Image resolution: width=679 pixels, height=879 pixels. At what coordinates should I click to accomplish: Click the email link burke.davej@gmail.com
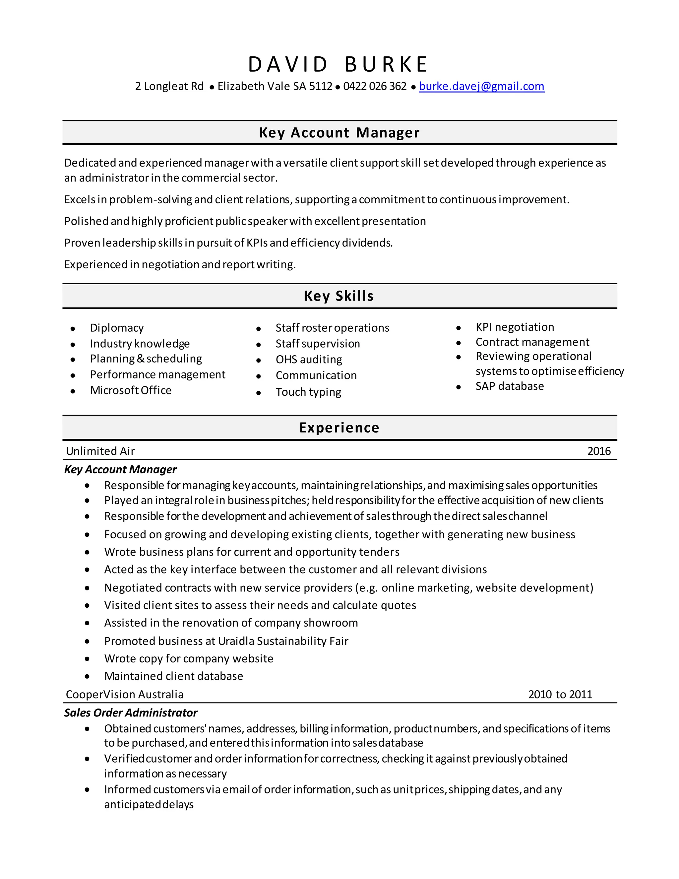point(481,86)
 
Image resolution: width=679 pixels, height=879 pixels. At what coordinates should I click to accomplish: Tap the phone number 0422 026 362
point(375,86)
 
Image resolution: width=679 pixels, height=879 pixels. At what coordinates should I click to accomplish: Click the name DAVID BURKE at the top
point(338,64)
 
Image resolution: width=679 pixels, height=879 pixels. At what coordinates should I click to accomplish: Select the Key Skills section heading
point(339,296)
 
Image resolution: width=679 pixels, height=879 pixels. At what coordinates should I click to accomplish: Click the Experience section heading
point(339,428)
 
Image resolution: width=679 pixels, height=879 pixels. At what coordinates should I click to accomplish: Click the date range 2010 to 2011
point(560,694)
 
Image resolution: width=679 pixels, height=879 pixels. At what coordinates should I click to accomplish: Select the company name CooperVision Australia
point(125,694)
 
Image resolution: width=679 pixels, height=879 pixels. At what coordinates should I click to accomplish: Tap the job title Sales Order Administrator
point(131,713)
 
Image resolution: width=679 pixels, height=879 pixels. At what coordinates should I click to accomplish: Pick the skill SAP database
point(509,386)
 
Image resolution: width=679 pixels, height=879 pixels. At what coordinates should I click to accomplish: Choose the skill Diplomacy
point(117,328)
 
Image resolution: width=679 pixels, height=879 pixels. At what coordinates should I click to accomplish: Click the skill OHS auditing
point(309,360)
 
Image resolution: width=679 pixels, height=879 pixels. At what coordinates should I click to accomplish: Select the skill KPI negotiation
point(515,327)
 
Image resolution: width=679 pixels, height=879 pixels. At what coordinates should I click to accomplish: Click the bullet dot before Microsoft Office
point(73,391)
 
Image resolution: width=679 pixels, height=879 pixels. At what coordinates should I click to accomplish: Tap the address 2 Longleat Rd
point(169,86)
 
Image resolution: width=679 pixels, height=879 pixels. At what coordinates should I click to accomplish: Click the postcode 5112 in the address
point(321,86)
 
